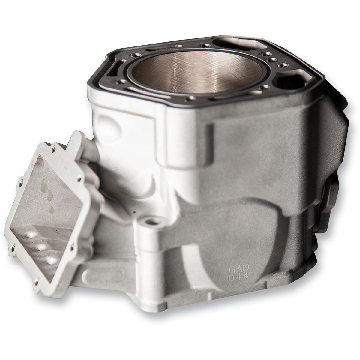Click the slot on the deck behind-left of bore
point(159,48)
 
